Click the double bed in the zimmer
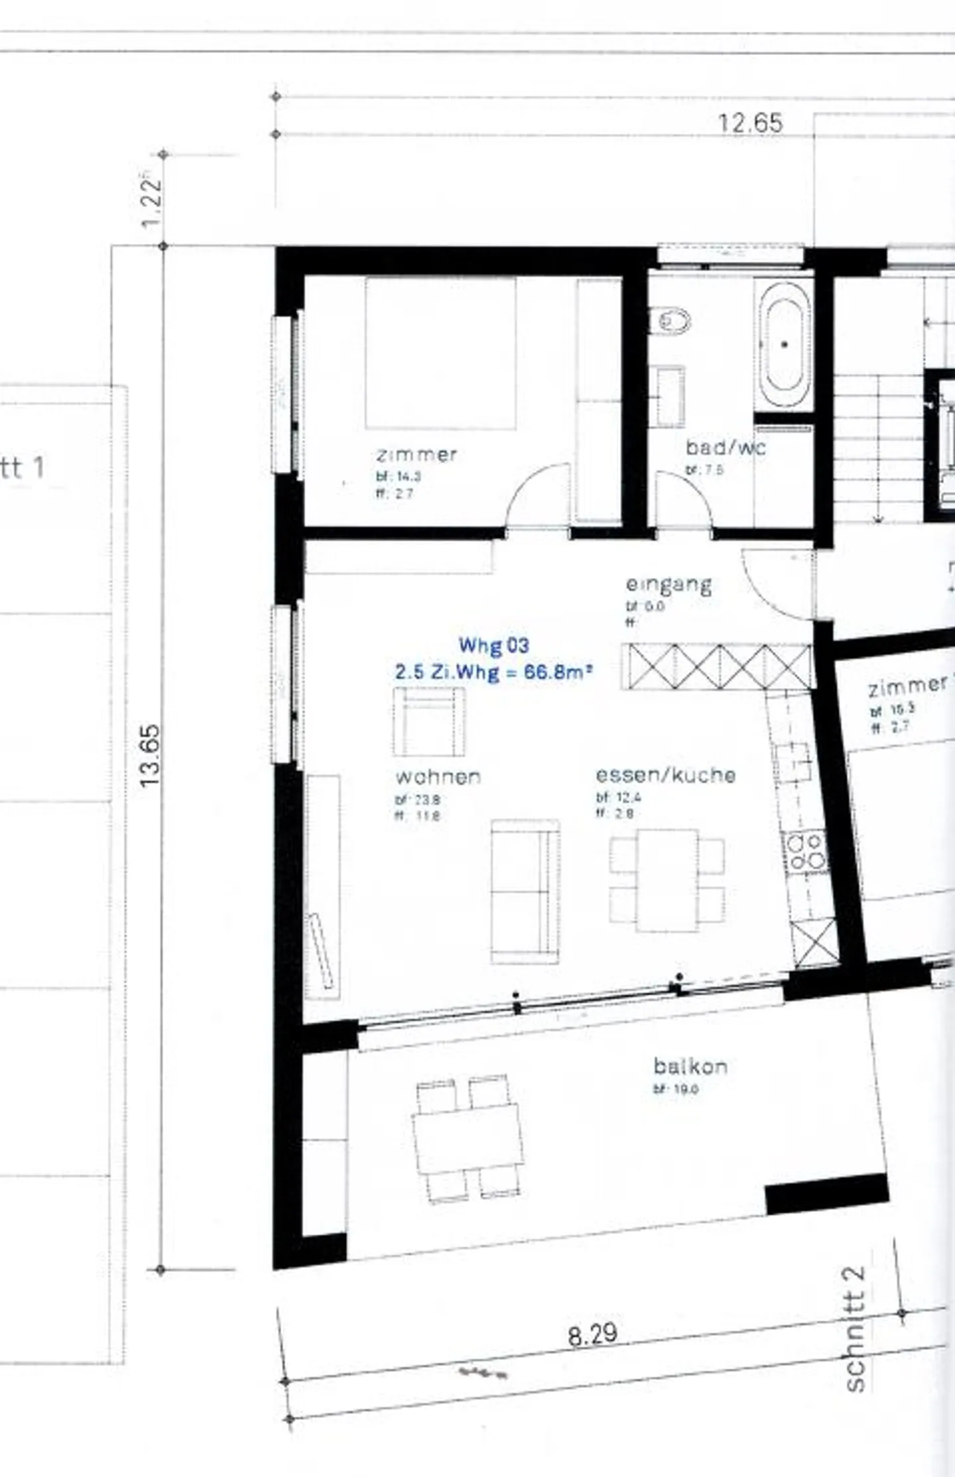pos(440,352)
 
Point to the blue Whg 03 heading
pos(493,645)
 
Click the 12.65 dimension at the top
pos(750,123)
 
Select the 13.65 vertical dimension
pos(151,755)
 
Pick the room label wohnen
pos(438,776)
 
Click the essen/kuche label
pos(665,775)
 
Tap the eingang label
pos(668,585)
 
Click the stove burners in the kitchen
pos(805,851)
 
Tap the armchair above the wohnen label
pos(428,721)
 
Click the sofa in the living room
pos(525,891)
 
